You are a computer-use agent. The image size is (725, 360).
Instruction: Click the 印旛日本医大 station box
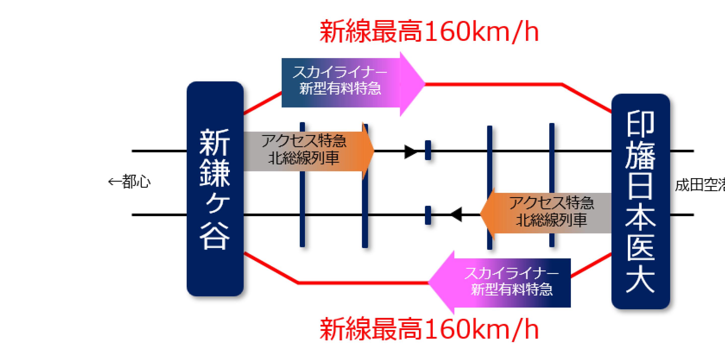(640, 201)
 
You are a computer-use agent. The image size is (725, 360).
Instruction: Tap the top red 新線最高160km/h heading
(429, 32)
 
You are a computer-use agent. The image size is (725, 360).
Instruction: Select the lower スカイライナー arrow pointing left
(501, 282)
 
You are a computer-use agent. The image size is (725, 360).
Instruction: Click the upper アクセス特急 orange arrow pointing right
(308, 152)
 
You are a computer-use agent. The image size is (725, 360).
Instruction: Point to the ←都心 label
(130, 182)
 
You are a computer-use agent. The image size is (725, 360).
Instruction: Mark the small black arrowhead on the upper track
(410, 152)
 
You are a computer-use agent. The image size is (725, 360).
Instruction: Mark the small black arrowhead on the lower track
(457, 215)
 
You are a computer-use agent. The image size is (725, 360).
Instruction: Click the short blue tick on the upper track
(428, 150)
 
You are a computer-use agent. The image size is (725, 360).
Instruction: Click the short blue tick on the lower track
(428, 215)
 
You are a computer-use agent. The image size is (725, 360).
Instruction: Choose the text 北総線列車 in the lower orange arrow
(552, 220)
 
